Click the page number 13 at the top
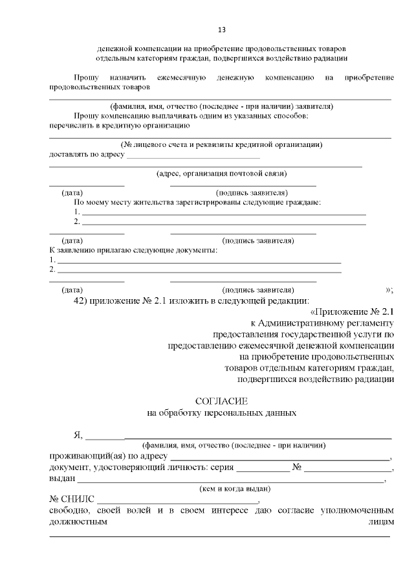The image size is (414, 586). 222,29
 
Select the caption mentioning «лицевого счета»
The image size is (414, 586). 222,144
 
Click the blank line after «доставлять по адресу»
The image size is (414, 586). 193,156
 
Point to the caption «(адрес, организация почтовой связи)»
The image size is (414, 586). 222,174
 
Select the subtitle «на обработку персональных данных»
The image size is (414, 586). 222,412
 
